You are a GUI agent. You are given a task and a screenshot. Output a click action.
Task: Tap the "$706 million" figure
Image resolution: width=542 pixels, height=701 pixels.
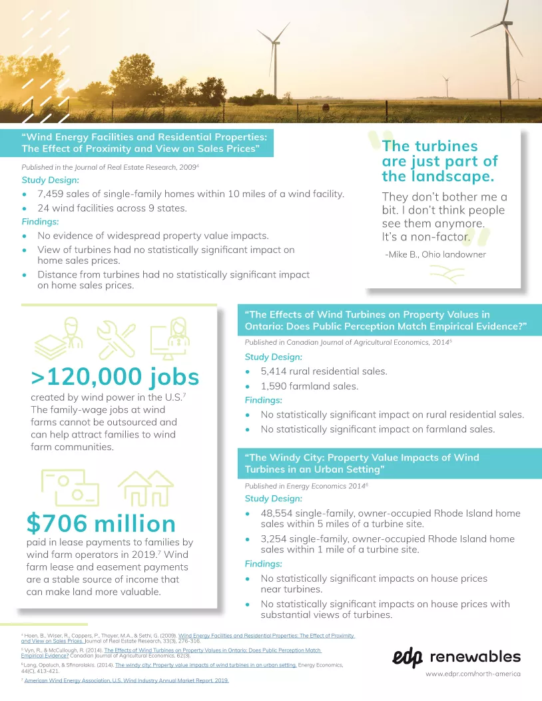pyautogui.click(x=101, y=523)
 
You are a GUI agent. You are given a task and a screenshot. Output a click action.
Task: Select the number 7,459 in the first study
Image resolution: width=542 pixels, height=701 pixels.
pyautogui.click(x=55, y=194)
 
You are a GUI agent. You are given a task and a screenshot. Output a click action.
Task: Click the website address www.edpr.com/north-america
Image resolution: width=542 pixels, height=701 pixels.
pyautogui.click(x=473, y=674)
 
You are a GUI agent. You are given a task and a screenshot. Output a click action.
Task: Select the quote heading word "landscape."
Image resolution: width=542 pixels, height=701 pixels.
pyautogui.click(x=437, y=176)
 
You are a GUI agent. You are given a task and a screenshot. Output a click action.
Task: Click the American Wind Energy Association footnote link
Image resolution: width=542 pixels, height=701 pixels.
pyautogui.click(x=127, y=680)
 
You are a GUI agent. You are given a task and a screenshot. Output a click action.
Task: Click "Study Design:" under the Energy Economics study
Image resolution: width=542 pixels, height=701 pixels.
pyautogui.click(x=273, y=498)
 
